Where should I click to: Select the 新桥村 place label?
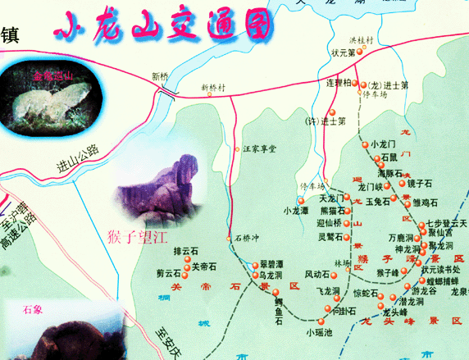click(x=216, y=86)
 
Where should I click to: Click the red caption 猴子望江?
click(x=136, y=239)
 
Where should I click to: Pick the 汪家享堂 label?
click(x=261, y=149)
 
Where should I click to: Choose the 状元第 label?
click(x=342, y=53)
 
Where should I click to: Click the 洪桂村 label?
click(x=361, y=39)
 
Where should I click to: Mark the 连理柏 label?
click(x=340, y=83)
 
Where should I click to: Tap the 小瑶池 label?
click(x=320, y=332)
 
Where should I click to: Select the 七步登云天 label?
click(x=447, y=223)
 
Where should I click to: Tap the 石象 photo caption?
click(x=33, y=310)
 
